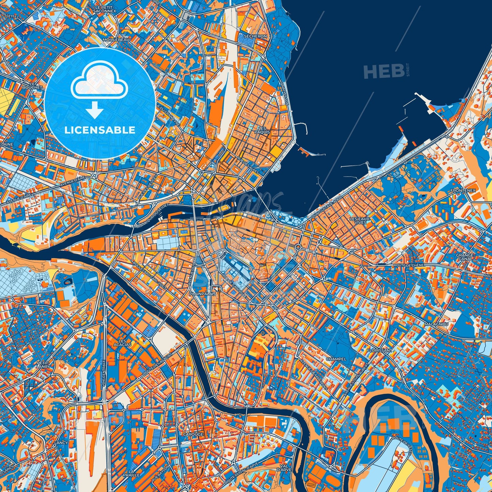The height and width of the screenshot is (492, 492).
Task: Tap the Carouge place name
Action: (193, 434)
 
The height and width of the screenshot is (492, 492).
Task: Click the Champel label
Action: (336, 359)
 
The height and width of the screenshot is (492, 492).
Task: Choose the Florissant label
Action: (380, 350)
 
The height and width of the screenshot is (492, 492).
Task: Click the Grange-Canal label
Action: (465, 257)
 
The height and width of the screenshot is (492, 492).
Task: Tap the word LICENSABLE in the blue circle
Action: (100, 130)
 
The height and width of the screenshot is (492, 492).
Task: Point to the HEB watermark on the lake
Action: (384, 72)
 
